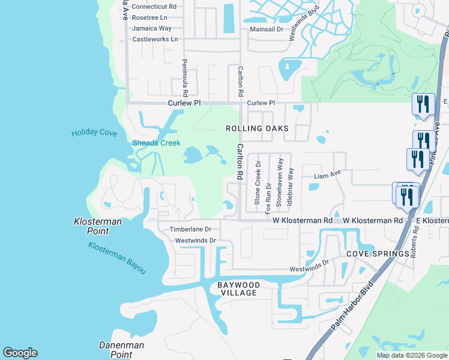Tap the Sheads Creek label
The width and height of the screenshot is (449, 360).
click(x=156, y=143)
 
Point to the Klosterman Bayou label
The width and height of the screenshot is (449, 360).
click(x=117, y=257)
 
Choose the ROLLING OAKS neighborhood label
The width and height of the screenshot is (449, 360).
click(x=257, y=129)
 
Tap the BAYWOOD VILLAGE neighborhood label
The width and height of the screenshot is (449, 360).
click(x=238, y=289)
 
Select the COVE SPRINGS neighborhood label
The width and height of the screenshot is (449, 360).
click(x=378, y=254)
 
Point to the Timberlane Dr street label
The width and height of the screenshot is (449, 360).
click(x=191, y=229)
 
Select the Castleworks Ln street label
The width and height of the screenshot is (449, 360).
click(x=155, y=40)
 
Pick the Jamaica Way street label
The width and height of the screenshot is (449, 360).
click(x=152, y=28)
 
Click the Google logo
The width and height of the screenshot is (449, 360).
click(x=20, y=353)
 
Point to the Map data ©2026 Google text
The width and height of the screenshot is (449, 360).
click(x=411, y=355)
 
